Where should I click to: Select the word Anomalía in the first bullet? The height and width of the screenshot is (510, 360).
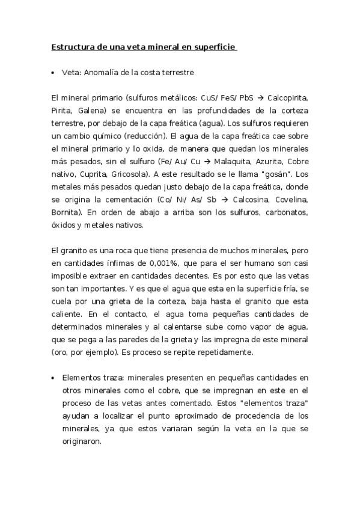pyautogui.click(x=103, y=72)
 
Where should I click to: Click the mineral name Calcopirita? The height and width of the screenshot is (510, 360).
pyautogui.click(x=288, y=97)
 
